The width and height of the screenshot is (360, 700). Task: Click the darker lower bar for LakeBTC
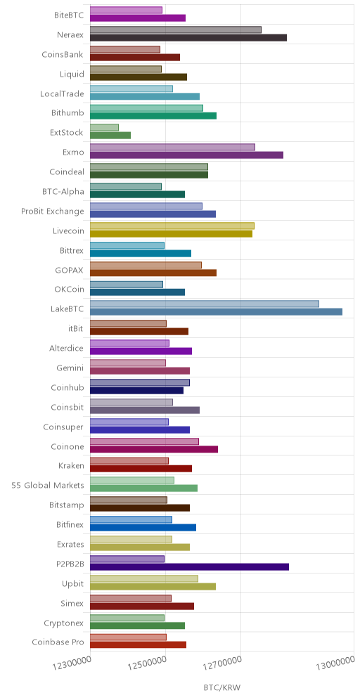coord(216,311)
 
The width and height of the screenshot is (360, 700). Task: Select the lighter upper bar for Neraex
coord(176,30)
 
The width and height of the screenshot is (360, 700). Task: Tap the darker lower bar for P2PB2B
coord(189,566)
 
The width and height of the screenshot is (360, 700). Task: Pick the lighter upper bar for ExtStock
coord(105,128)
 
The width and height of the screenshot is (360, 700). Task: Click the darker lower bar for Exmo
coord(187,155)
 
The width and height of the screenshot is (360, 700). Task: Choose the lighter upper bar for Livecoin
coord(172,226)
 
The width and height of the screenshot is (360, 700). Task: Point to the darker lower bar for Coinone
coord(154,449)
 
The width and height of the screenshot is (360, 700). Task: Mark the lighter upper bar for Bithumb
coord(146,108)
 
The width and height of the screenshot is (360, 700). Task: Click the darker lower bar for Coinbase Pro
coord(138,644)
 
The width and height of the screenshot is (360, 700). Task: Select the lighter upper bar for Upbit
coord(144,578)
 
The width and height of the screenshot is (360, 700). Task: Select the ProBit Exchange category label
coord(52,211)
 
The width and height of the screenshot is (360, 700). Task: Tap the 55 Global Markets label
coord(47,486)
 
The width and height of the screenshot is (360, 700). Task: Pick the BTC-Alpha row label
coord(67,192)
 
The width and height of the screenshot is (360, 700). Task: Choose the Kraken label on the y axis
coord(71,466)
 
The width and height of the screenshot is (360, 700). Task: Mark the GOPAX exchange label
coord(69,270)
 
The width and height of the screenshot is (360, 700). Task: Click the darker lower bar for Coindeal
coord(149,174)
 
